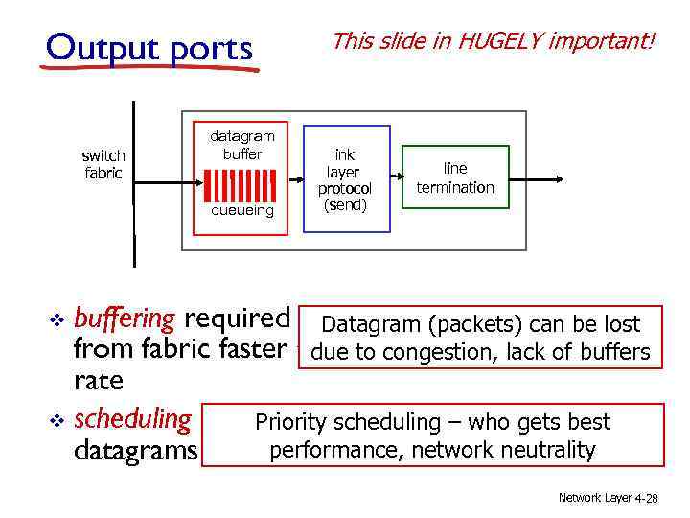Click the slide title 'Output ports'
point(149,48)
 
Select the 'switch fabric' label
point(103,164)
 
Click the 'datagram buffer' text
point(241,145)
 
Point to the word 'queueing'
point(241,210)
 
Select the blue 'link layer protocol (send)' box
point(346,178)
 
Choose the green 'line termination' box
point(455,178)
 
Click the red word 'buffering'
point(125,318)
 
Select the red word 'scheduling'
point(132,418)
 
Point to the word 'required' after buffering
point(237,318)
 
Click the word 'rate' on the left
point(99,381)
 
